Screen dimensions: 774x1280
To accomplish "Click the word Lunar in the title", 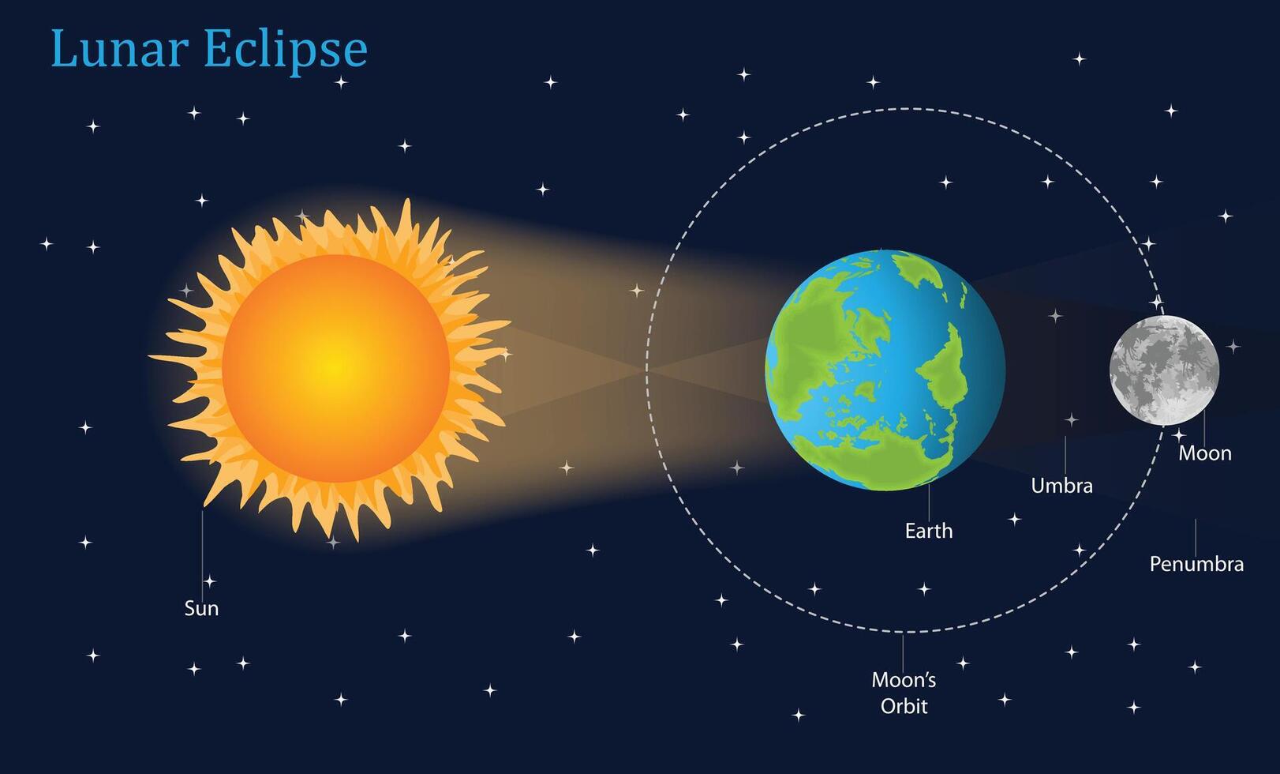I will point(118,49).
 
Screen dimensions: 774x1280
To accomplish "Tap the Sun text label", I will point(201,608).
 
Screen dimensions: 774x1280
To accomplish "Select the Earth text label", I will point(928,531).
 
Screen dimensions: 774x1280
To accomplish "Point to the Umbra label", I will point(1061,485).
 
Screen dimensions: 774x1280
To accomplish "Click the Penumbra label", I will point(1196,564).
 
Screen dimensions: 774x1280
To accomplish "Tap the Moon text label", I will point(1204,453).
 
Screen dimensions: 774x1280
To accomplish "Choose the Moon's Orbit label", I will point(904,693).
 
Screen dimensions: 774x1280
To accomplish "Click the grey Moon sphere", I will point(1164,370).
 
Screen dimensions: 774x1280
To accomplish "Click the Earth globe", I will point(885,370).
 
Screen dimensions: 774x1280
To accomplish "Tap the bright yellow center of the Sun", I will point(335,367).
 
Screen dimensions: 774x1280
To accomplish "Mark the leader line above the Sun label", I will point(202,553).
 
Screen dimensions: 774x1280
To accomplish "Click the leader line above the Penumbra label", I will point(1196,537).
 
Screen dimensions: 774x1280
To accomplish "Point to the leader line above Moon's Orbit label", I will point(903,651).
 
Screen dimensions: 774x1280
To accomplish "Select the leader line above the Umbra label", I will point(1065,454).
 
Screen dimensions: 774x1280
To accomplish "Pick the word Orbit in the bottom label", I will point(904,706).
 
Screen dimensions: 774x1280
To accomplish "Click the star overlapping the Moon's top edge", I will point(1157,302).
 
